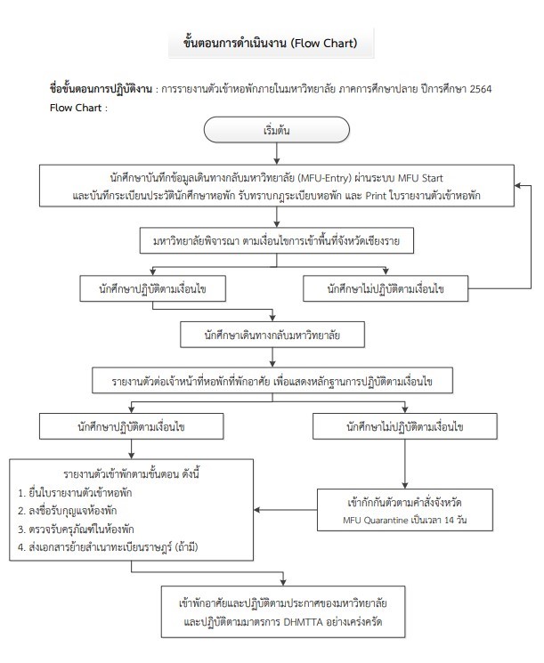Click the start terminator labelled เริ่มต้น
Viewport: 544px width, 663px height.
coord(277,130)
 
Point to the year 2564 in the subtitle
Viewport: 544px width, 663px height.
coord(481,89)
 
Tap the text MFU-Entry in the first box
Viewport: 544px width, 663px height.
coord(325,178)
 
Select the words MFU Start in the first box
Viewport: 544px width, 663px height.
coord(420,178)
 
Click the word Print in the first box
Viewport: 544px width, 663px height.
coord(376,196)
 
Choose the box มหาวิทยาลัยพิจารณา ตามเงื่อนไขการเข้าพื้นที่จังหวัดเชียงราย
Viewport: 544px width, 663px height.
coord(277,241)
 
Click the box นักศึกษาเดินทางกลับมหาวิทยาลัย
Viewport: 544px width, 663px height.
coord(272,335)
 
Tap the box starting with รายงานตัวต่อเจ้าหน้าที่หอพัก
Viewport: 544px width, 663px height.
coord(272,381)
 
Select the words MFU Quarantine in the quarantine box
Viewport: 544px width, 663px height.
coord(375,520)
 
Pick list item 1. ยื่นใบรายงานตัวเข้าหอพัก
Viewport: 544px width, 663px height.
coord(75,493)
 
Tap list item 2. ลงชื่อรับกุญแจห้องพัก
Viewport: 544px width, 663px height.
coord(68,511)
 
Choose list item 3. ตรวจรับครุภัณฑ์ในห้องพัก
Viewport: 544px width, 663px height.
coord(76,529)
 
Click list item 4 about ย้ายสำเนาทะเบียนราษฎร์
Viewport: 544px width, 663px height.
coord(108,547)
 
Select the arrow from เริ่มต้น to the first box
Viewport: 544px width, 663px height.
coord(277,153)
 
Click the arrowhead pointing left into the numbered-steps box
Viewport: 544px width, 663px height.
coord(256,510)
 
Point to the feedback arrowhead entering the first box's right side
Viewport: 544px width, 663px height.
coord(518,186)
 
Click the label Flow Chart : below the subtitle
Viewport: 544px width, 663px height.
coord(78,108)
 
